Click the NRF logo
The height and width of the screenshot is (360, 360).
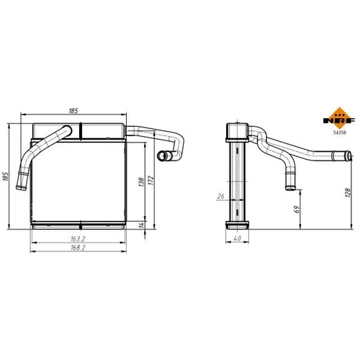click(x=339, y=118)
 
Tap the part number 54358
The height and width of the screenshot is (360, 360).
click(x=339, y=132)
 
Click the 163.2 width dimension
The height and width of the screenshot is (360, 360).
click(x=78, y=239)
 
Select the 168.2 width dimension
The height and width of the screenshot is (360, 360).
click(x=78, y=248)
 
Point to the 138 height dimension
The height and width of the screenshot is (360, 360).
click(x=141, y=182)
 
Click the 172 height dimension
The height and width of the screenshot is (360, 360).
click(x=150, y=180)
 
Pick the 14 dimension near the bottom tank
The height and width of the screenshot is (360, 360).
click(x=142, y=225)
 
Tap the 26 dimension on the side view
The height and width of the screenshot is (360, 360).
click(x=220, y=196)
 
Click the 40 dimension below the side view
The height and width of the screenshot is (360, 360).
click(x=237, y=238)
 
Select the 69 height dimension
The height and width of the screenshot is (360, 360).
click(x=297, y=210)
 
